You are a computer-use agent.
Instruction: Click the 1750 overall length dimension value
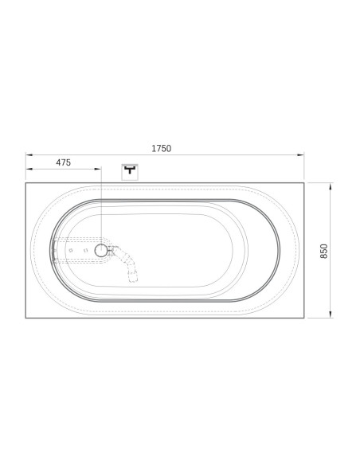click(162, 148)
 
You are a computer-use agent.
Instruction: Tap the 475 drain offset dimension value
click(64, 162)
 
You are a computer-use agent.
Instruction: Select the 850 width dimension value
click(324, 251)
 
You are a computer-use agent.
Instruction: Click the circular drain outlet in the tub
click(101, 251)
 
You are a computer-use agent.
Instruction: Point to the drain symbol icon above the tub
click(130, 172)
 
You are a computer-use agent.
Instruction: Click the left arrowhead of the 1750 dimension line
click(29, 154)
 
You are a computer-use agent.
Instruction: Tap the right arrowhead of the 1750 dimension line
click(301, 154)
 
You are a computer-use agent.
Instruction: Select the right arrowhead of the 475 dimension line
click(98, 169)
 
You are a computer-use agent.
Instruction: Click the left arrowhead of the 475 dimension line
click(29, 169)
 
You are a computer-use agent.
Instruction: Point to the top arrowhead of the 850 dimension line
click(331, 186)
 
